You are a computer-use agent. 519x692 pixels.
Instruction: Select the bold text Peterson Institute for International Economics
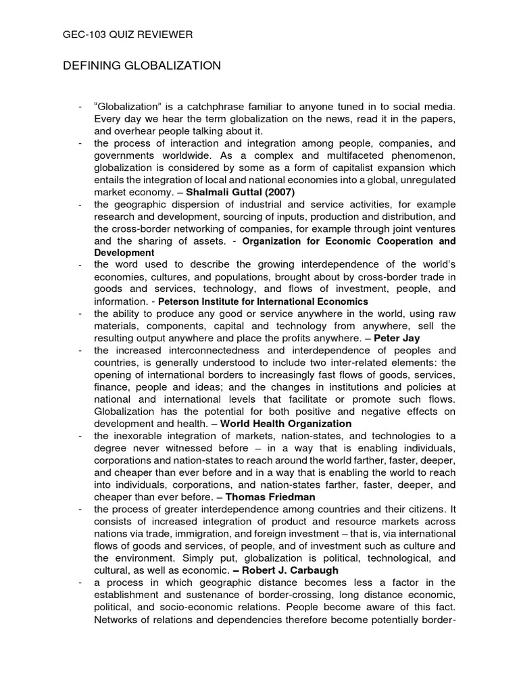coord(263,301)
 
